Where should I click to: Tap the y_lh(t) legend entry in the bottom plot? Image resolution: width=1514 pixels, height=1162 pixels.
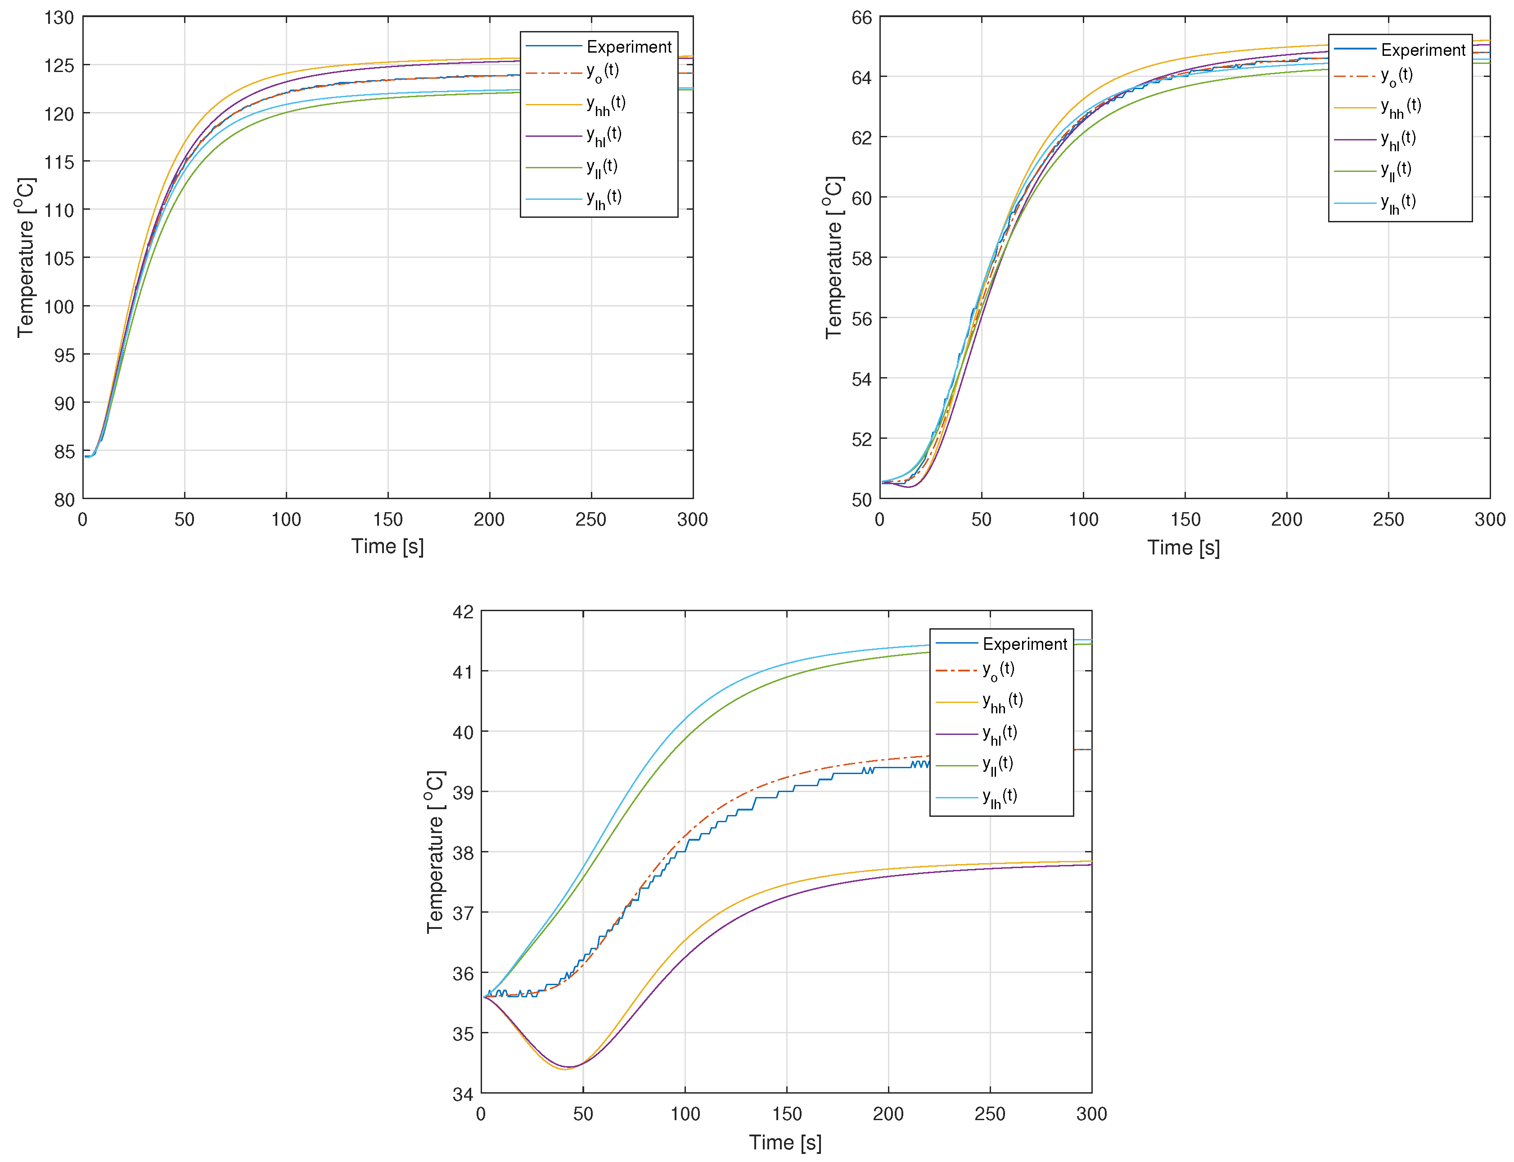1000,797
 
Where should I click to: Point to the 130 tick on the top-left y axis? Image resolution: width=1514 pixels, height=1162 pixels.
59,18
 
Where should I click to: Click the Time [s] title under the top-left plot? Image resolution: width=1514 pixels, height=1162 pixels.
388,546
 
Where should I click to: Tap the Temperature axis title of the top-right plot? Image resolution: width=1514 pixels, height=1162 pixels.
834,257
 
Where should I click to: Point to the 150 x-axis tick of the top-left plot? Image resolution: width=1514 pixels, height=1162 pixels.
388,519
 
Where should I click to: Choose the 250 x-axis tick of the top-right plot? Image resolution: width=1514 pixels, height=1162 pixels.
1388,519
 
